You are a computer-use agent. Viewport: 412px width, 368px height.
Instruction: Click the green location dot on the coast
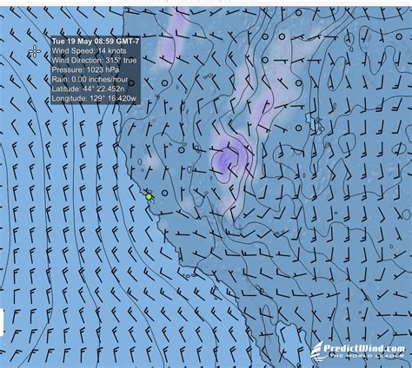pos(149,197)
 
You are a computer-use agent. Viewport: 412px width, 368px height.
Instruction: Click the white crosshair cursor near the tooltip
pos(34,51)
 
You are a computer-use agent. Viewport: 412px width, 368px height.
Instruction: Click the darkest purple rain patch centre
pos(228,158)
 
